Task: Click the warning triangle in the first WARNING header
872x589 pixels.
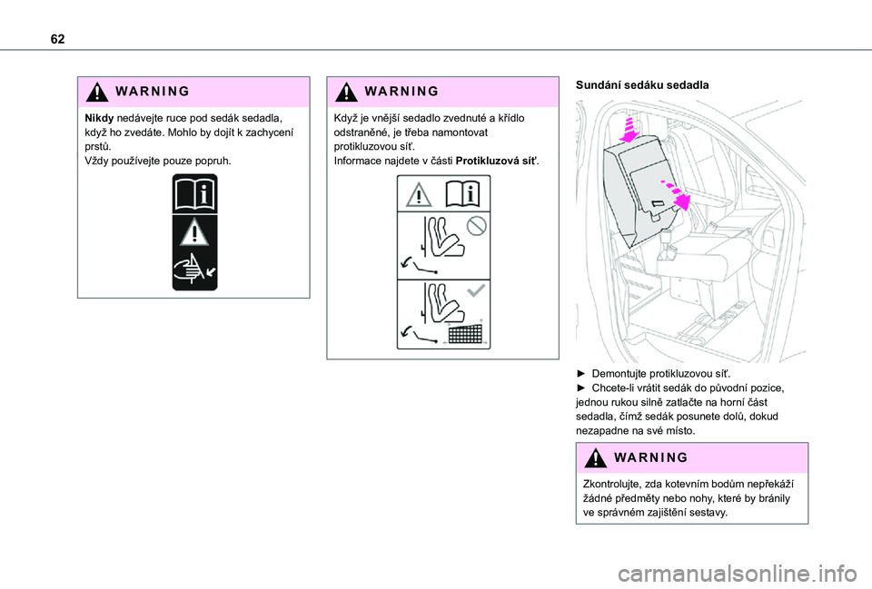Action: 97,92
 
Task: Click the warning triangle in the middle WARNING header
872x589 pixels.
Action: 346,92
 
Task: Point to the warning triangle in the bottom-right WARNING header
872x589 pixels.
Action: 595,457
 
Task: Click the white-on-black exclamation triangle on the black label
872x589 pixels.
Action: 194,233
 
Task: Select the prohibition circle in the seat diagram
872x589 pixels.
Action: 477,225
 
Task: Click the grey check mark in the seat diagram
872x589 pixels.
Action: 477,290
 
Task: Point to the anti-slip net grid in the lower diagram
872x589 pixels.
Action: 464,333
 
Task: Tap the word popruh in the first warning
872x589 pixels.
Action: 210,161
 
